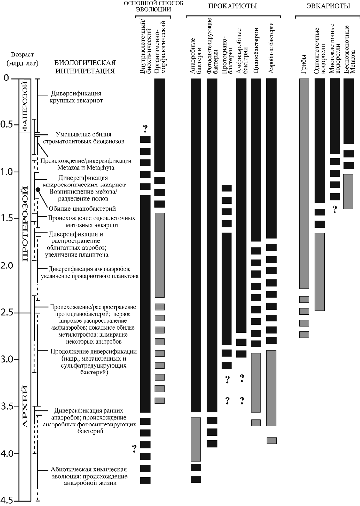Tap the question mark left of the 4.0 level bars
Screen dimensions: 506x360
point(133,447)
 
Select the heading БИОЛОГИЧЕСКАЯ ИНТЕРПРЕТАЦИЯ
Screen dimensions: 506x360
point(85,66)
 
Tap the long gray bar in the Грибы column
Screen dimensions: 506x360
point(304,183)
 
